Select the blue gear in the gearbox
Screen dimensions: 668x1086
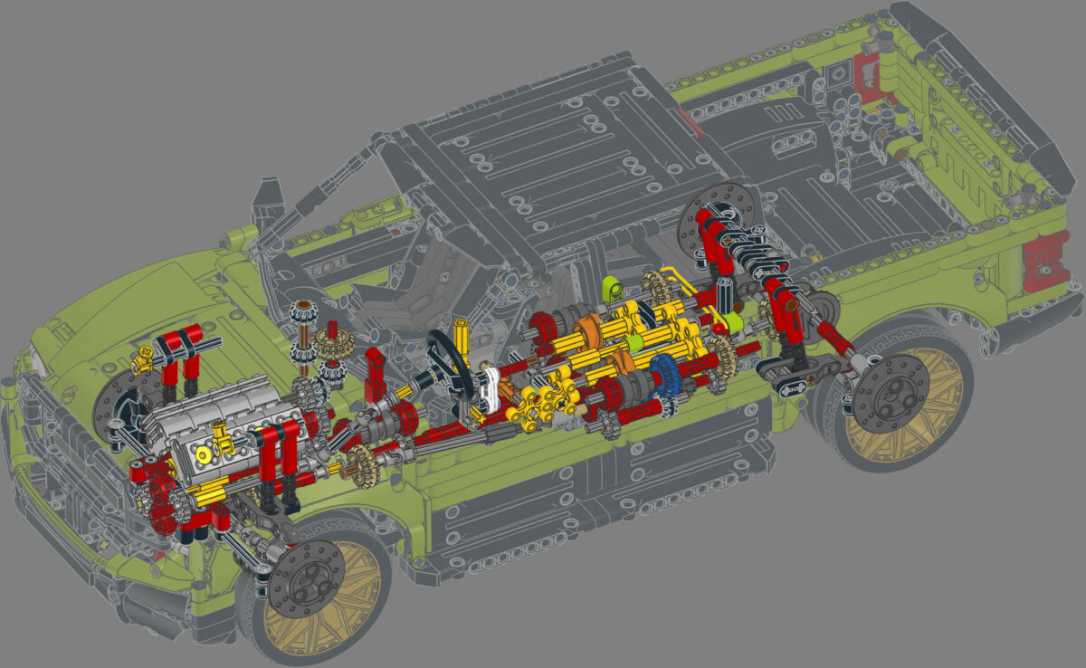coord(663,373)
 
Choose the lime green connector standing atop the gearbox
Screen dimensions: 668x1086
coord(612,289)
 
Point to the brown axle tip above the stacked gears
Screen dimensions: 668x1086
coord(300,306)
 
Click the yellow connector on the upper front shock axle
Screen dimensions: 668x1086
coord(141,363)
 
